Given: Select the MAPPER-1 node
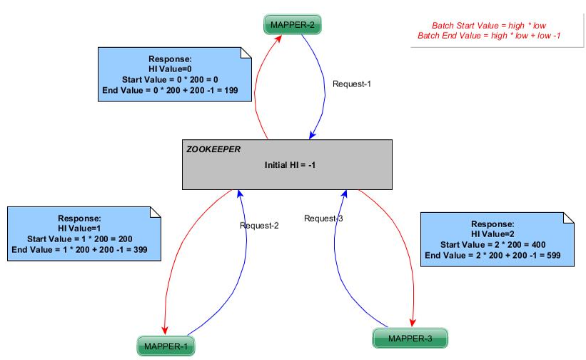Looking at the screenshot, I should (166, 346).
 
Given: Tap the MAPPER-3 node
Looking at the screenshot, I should (410, 337).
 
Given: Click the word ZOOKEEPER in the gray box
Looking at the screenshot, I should (213, 150).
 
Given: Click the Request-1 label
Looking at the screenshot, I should (352, 84).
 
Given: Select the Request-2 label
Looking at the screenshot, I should (260, 225).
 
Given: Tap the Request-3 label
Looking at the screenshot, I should (323, 218).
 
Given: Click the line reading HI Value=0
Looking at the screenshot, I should (170, 69).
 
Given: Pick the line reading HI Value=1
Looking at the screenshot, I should (80, 228).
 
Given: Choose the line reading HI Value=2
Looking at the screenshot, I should (497, 234).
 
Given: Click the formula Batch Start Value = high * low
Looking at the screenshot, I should (489, 25).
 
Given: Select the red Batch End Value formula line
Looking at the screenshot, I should (489, 36).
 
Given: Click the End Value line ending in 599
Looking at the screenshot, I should (497, 254).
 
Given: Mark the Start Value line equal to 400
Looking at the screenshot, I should (497, 244).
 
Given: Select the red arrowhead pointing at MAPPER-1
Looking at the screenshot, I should (165, 329).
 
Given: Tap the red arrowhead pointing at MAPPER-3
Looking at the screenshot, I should (413, 322).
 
